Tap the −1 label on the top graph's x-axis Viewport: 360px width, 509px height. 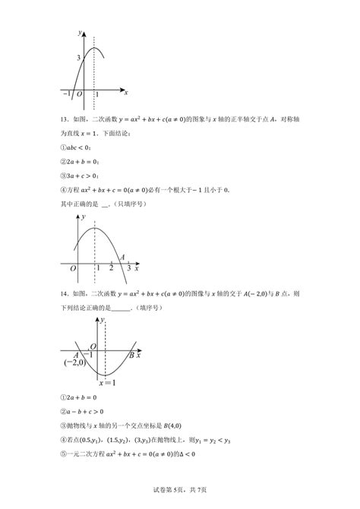click(66, 93)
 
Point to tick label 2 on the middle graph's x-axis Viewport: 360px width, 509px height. click(111, 270)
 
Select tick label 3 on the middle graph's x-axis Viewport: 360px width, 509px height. click(128, 270)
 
